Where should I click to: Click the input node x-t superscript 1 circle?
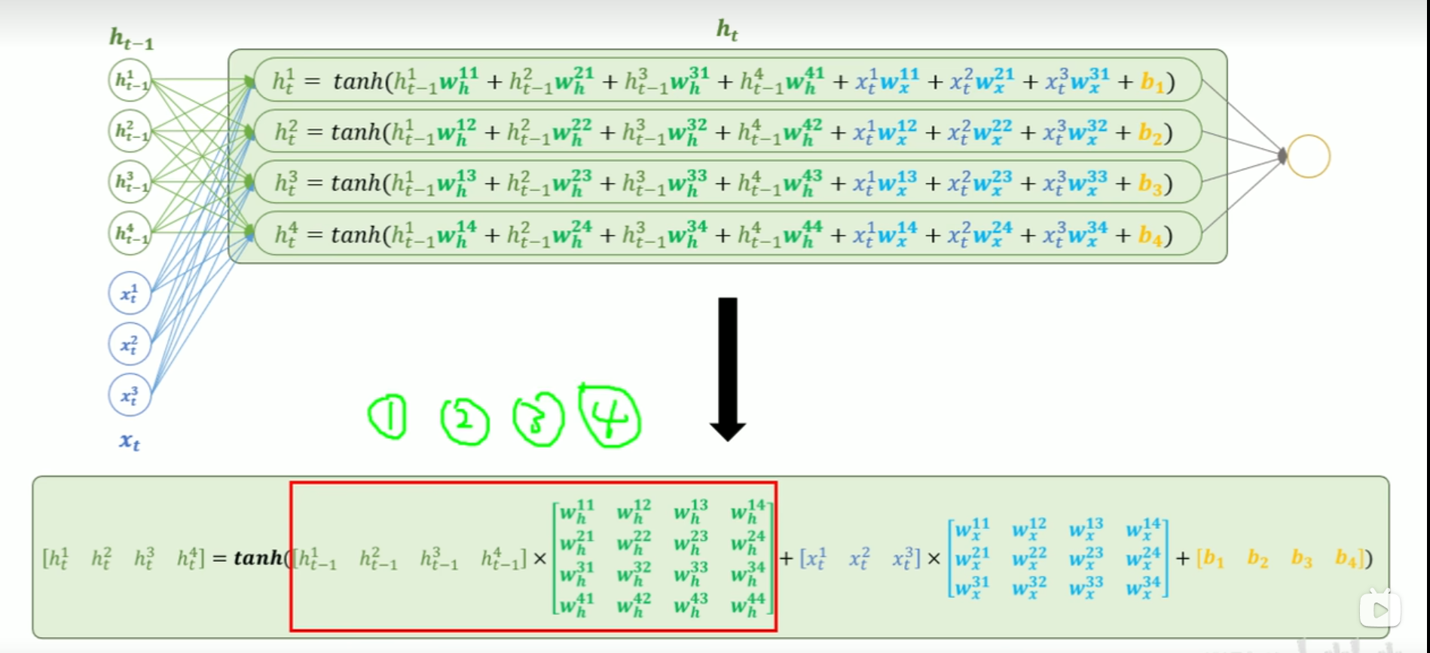130,293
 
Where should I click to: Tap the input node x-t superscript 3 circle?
130,395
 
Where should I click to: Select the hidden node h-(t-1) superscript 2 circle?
130,131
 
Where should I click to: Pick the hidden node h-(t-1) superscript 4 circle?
130,233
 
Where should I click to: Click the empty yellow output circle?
1309,157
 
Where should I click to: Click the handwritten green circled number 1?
388,417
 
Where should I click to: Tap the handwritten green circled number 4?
610,417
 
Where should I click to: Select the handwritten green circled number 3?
538,420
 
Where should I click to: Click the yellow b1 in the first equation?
1153,81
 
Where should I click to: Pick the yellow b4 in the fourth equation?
1150,236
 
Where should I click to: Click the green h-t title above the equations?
727,30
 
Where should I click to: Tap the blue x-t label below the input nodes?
130,441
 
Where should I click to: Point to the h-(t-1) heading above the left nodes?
131,38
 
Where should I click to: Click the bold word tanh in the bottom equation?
258,557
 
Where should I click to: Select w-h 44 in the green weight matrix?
748,604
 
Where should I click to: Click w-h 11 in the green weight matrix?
577,511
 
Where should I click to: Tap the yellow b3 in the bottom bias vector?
1302,558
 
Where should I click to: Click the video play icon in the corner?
1380,609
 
